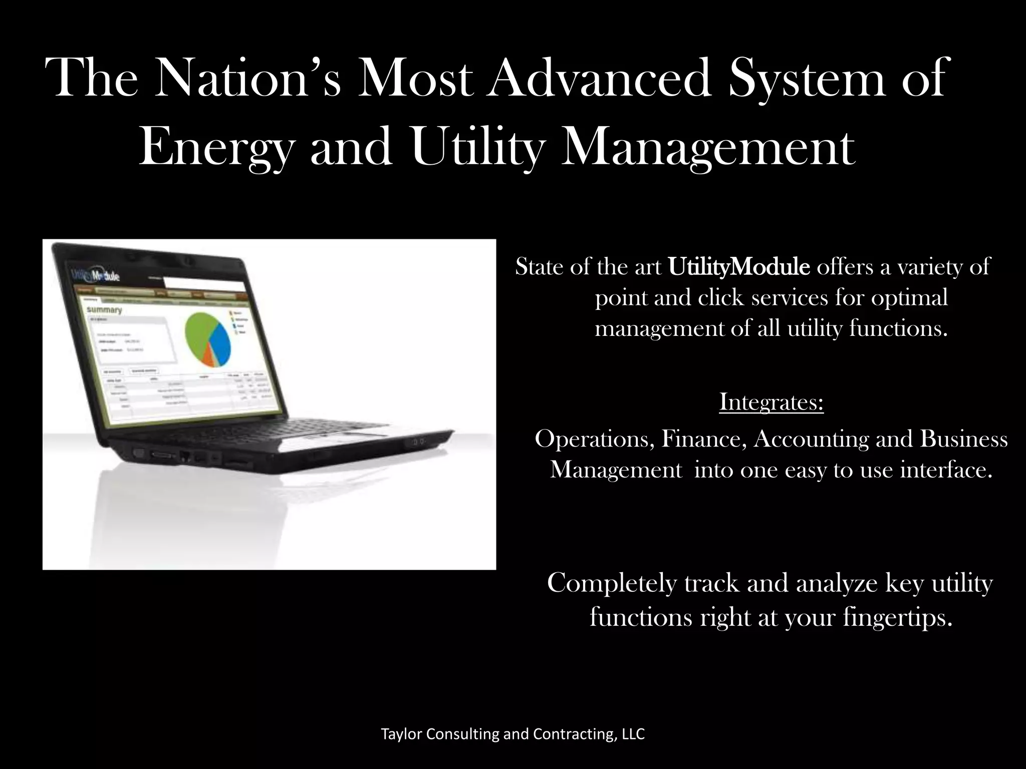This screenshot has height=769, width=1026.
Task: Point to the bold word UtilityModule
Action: [x=739, y=267]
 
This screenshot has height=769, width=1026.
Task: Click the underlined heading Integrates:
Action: [x=772, y=402]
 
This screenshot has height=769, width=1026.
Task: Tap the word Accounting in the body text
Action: [x=811, y=440]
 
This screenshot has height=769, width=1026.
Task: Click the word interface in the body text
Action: [x=946, y=470]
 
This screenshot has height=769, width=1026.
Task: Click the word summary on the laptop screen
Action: [x=105, y=310]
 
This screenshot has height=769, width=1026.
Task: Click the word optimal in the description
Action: [x=909, y=298]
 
